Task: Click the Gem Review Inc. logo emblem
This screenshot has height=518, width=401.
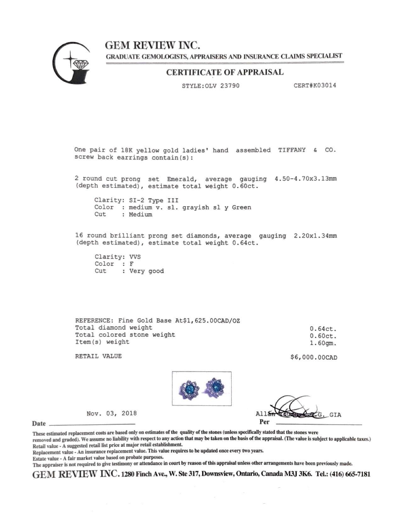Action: tap(71, 64)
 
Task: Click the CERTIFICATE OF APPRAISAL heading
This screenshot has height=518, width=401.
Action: tap(225, 72)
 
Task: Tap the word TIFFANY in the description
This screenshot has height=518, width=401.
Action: tap(292, 150)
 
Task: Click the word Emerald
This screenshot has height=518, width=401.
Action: tap(178, 179)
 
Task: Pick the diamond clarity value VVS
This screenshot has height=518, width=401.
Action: tap(135, 257)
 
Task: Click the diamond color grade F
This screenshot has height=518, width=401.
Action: tap(131, 264)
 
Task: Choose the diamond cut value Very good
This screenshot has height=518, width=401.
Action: tap(147, 271)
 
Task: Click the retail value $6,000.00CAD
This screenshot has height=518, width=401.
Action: tap(314, 358)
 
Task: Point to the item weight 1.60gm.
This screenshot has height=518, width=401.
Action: tap(323, 343)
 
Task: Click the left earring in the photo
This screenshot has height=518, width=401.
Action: tap(189, 388)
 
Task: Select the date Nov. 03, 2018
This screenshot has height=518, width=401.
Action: tap(112, 413)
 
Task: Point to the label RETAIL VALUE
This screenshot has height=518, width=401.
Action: tap(98, 356)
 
